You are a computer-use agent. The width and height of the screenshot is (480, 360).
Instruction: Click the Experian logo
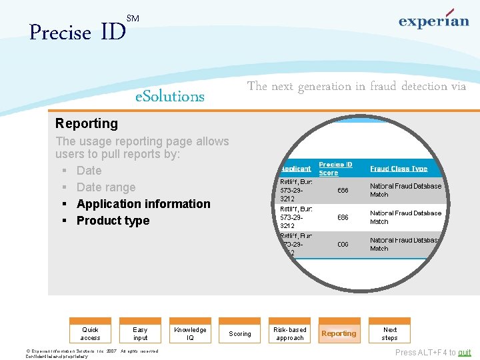tap(434, 21)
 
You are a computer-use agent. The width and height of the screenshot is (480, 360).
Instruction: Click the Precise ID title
tap(77, 32)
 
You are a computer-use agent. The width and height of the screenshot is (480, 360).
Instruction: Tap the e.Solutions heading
tap(170, 97)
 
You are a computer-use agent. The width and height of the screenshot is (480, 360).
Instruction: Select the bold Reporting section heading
tap(87, 123)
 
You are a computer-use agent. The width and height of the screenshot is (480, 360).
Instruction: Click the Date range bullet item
tap(106, 187)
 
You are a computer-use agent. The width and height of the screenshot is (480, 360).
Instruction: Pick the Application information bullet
tap(143, 204)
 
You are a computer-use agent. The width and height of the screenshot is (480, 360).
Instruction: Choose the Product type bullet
tap(113, 221)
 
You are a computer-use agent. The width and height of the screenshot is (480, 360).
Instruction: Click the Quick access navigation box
tap(91, 333)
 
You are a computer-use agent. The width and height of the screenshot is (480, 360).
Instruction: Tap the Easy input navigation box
tap(140, 333)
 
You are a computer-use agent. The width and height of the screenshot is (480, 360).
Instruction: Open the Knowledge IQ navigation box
tap(190, 333)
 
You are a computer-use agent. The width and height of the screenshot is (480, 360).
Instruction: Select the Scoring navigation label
tap(240, 333)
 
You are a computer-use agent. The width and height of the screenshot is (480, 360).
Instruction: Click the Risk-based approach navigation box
tap(290, 333)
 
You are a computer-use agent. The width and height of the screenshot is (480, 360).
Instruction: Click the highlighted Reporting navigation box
tap(339, 333)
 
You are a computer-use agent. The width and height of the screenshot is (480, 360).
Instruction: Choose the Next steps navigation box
tap(390, 333)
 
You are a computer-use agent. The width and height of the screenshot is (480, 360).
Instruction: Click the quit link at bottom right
tap(464, 353)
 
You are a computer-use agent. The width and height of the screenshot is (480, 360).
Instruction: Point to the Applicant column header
tap(295, 169)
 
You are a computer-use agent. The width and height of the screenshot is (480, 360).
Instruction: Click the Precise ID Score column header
tap(335, 169)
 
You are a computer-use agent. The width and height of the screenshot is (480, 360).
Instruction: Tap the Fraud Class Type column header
tap(399, 169)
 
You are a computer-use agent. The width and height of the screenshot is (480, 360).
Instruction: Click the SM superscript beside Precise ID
tap(133, 19)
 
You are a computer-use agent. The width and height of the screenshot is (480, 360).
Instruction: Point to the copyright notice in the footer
tap(92, 353)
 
